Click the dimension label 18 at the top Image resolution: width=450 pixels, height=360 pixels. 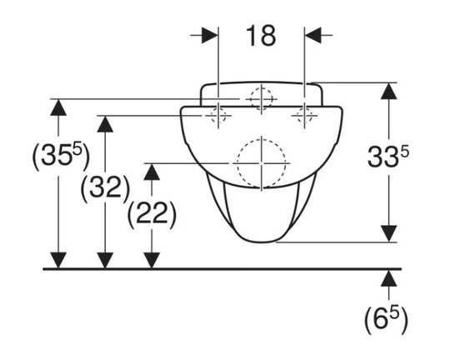(x=261, y=36)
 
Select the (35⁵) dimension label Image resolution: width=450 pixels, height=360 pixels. (x=61, y=157)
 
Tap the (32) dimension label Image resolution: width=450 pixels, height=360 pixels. (x=105, y=188)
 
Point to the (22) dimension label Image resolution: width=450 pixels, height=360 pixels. (x=152, y=214)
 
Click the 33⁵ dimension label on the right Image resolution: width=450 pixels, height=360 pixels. (x=388, y=157)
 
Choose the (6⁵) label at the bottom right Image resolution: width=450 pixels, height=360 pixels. (x=387, y=319)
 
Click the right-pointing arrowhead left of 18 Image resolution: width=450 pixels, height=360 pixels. (x=209, y=35)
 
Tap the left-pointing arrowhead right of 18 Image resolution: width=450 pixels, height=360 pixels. (x=312, y=35)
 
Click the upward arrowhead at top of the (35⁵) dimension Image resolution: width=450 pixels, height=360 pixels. (x=58, y=107)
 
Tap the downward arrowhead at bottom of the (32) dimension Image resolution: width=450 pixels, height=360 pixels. (x=105, y=260)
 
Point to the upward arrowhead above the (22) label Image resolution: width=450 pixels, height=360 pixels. (x=152, y=172)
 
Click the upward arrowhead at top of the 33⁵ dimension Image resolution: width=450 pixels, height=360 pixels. (x=389, y=91)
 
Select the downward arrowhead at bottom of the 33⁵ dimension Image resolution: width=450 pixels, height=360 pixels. (x=389, y=233)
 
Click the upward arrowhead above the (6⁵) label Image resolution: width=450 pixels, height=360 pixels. (x=389, y=278)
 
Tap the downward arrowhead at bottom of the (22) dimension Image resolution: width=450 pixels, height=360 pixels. (x=152, y=260)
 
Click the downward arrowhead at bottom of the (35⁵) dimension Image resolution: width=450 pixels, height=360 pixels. (x=58, y=260)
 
